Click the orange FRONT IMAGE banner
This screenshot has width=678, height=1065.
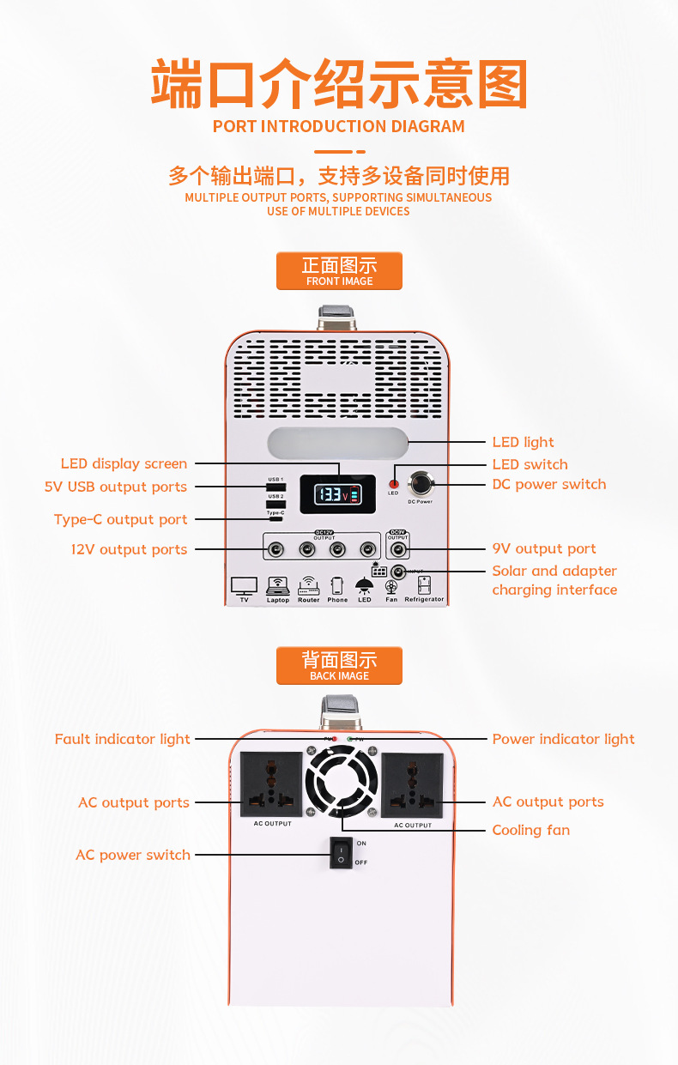coord(339,271)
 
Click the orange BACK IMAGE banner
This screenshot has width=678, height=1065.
coord(339,666)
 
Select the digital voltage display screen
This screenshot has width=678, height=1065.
coord(336,495)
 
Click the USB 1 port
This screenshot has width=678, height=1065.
coord(275,487)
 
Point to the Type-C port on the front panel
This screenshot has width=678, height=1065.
coord(275,519)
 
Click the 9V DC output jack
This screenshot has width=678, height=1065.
coord(398,549)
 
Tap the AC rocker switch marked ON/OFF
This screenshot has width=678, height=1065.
coord(342,853)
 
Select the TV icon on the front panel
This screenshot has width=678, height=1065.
coord(244,587)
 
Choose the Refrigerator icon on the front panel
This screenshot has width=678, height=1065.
coord(424,587)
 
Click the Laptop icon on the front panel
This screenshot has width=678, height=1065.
coord(277,587)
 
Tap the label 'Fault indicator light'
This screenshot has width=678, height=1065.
coord(123,739)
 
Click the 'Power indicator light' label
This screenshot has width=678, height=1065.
coord(563,739)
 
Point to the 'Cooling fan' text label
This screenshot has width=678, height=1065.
coord(530,830)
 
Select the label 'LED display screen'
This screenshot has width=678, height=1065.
coord(124,463)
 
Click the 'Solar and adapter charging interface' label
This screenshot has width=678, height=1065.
coord(554,580)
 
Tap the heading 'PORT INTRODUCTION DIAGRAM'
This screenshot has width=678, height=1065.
coord(339,127)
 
